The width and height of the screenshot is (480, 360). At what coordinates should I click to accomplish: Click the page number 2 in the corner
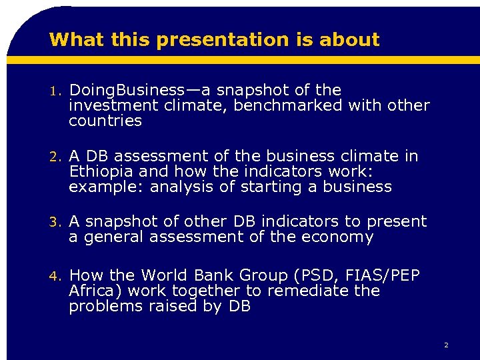[445, 345]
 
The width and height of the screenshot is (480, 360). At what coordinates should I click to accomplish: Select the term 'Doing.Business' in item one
[126, 90]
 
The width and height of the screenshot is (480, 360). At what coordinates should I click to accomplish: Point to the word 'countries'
[105, 121]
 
